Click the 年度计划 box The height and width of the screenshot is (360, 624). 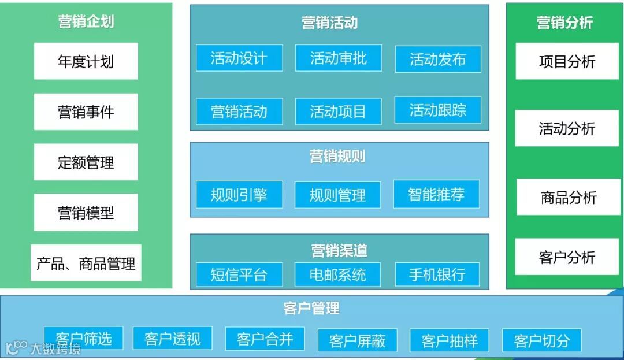tap(86, 61)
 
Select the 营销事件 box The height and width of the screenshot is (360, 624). tap(86, 112)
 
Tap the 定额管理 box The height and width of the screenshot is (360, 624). tap(86, 162)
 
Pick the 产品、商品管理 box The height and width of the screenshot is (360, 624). tap(86, 263)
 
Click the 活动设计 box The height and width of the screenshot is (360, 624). tap(239, 58)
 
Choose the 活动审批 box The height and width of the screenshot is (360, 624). tap(339, 58)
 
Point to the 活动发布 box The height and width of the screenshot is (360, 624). tap(438, 59)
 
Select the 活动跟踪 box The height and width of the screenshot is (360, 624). tap(438, 110)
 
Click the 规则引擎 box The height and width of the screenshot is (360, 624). tap(239, 195)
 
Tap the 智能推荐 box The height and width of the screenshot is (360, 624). tap(437, 194)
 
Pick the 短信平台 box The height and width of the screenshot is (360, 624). tap(239, 274)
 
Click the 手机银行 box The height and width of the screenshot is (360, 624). tap(437, 274)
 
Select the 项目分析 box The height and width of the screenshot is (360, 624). tap(567, 61)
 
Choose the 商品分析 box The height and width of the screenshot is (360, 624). tap(569, 197)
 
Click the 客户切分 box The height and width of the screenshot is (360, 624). tap(542, 340)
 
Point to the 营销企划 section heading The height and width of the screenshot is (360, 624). tap(86, 22)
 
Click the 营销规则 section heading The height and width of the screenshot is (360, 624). tap(337, 157)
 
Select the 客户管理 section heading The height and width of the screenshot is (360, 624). tap(311, 309)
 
